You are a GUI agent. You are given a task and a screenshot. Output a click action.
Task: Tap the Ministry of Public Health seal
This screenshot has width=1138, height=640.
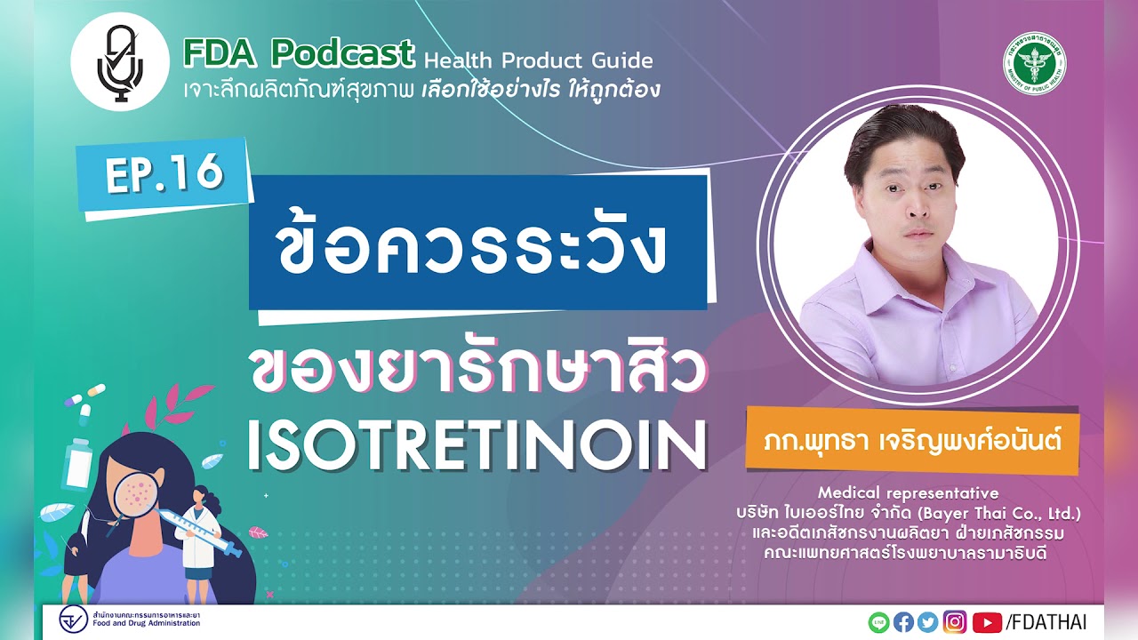coord(1036,62)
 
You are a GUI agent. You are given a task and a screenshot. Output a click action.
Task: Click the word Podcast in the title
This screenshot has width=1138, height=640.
coord(344,53)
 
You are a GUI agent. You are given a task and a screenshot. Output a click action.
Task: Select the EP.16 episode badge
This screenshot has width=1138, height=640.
coord(164,174)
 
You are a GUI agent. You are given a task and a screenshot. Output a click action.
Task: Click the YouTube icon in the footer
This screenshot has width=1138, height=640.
coord(987,622)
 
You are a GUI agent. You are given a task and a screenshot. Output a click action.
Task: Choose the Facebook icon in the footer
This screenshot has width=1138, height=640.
coord(903,622)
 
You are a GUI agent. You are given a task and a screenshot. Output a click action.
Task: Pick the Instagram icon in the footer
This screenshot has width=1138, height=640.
coord(955,622)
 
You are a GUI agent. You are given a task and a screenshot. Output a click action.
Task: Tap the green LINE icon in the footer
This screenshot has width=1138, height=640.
coord(878,622)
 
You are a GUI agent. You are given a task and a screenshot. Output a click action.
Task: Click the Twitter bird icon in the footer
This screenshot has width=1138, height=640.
coord(928,622)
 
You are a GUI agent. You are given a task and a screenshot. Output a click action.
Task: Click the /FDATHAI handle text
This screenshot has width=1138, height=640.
coord(1046,622)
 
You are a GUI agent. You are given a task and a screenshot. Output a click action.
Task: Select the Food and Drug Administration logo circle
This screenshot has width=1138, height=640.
coord(73,620)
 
